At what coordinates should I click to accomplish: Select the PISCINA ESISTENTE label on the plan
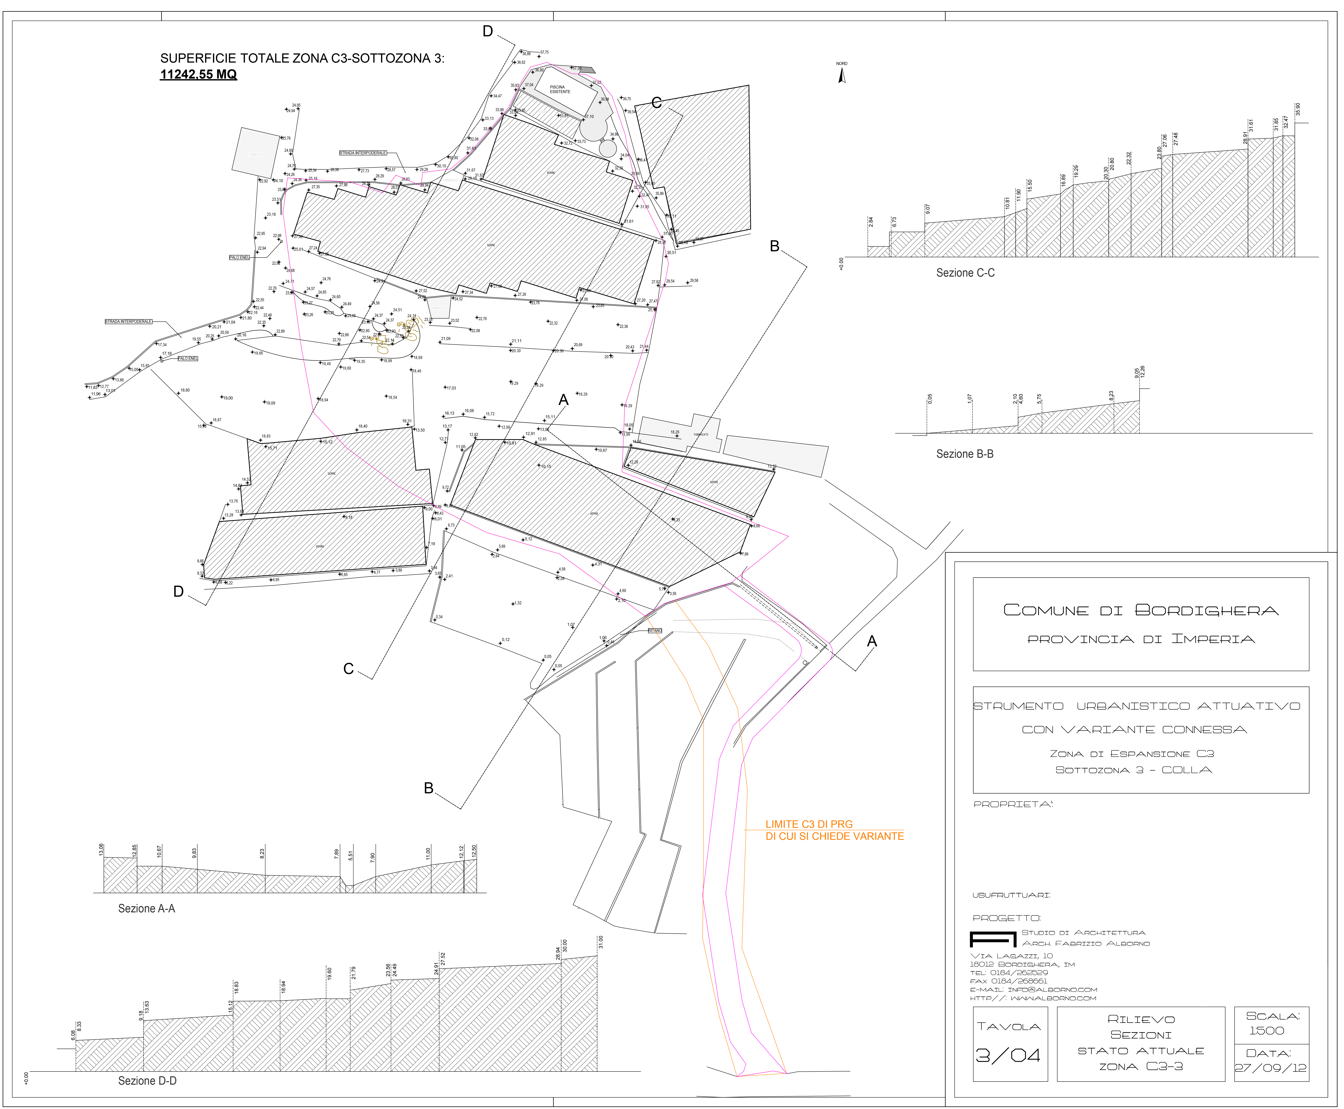coord(559,89)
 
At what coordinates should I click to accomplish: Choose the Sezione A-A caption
coord(146,908)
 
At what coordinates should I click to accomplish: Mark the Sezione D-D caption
coord(147,1080)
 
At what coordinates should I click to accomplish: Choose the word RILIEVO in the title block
coord(1141,1019)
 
